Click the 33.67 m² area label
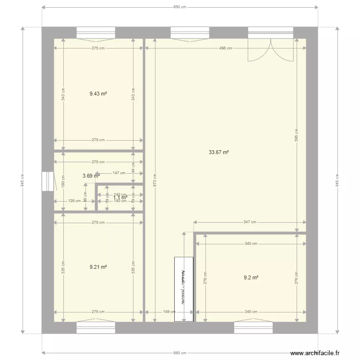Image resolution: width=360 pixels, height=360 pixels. click(x=218, y=153)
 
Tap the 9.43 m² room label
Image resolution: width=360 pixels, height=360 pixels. click(x=98, y=94)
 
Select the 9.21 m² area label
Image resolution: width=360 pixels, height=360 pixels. click(x=98, y=267)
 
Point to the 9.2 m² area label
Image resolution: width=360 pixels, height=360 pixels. click(x=251, y=277)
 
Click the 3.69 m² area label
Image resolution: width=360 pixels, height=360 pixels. click(x=91, y=176)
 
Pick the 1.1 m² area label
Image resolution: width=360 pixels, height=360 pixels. click(x=120, y=197)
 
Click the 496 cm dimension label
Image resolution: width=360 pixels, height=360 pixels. click(x=225, y=48)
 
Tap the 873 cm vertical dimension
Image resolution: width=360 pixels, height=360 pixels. click(x=155, y=180)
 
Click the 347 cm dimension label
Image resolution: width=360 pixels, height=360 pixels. click(x=250, y=222)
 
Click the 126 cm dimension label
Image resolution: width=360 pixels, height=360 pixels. click(x=74, y=201)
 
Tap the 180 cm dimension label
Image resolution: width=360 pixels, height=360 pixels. click(x=62, y=183)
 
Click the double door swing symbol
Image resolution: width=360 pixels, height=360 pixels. click(x=270, y=49)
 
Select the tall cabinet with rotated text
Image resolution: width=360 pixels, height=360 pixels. click(x=184, y=289)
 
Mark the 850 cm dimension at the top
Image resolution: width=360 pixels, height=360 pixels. click(x=180, y=7)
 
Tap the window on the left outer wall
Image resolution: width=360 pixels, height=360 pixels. click(x=48, y=182)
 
